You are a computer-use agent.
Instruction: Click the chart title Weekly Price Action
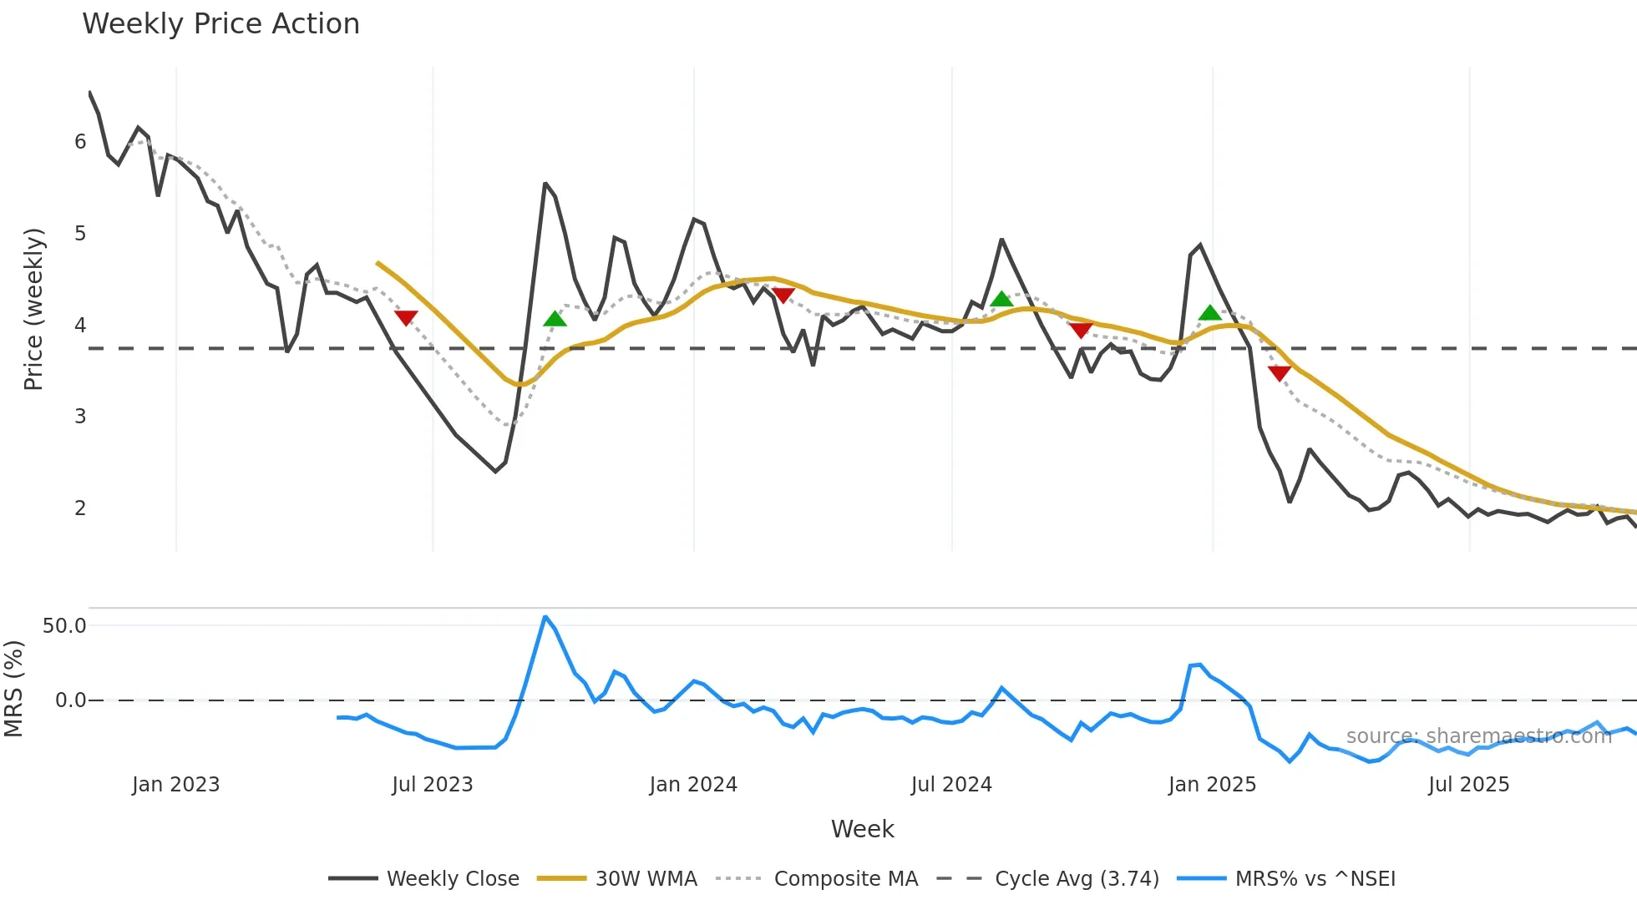(x=220, y=24)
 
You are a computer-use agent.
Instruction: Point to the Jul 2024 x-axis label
(x=951, y=785)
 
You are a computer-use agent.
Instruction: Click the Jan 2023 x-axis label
(x=175, y=785)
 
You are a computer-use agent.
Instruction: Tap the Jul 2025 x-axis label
(x=1468, y=785)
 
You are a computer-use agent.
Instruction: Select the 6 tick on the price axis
(x=80, y=142)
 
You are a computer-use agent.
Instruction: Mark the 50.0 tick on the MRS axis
(x=64, y=626)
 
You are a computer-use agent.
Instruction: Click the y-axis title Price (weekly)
(x=33, y=309)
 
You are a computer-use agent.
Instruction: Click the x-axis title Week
(x=862, y=829)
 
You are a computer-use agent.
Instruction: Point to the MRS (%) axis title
(x=13, y=689)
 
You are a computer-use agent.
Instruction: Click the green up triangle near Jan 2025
(x=1209, y=314)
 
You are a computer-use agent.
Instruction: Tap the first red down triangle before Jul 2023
(x=406, y=318)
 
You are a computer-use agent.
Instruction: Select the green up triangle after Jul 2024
(x=1001, y=299)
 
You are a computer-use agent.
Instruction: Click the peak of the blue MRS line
(x=545, y=617)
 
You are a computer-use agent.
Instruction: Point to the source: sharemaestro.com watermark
(x=1478, y=736)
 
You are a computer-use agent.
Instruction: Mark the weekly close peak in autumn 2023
(x=545, y=184)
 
